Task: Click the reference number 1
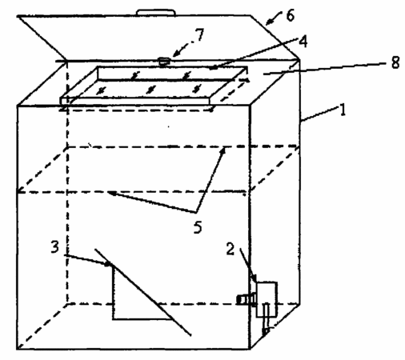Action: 343,110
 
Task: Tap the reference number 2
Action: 231,249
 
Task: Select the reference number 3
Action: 55,246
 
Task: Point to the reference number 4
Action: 303,42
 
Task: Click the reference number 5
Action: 198,227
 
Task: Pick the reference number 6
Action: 291,15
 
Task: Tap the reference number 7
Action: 199,34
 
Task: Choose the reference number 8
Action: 395,62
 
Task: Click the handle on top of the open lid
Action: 156,12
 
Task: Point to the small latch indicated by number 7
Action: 164,61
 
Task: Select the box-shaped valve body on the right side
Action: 267,299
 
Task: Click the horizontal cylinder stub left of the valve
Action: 246,299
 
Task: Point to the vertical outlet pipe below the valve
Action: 266,318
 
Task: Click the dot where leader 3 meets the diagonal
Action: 107,264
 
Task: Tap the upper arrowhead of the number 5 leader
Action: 223,151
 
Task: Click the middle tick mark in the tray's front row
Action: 151,90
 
